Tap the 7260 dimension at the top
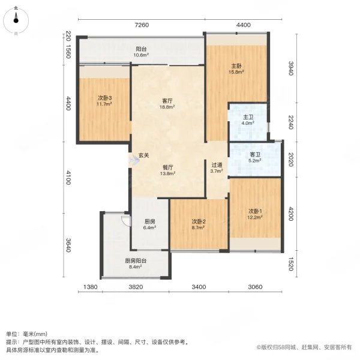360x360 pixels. (140, 25)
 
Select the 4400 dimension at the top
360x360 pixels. (243, 25)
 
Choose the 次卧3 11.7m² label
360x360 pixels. (105, 101)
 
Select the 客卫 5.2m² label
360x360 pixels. (255, 157)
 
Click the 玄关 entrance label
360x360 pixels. (144, 155)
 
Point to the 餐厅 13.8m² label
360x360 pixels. (168, 170)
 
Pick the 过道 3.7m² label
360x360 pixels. (217, 167)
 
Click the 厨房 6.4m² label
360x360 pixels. (150, 224)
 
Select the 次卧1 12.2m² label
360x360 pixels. (256, 214)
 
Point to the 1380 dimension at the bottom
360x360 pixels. (91, 287)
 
